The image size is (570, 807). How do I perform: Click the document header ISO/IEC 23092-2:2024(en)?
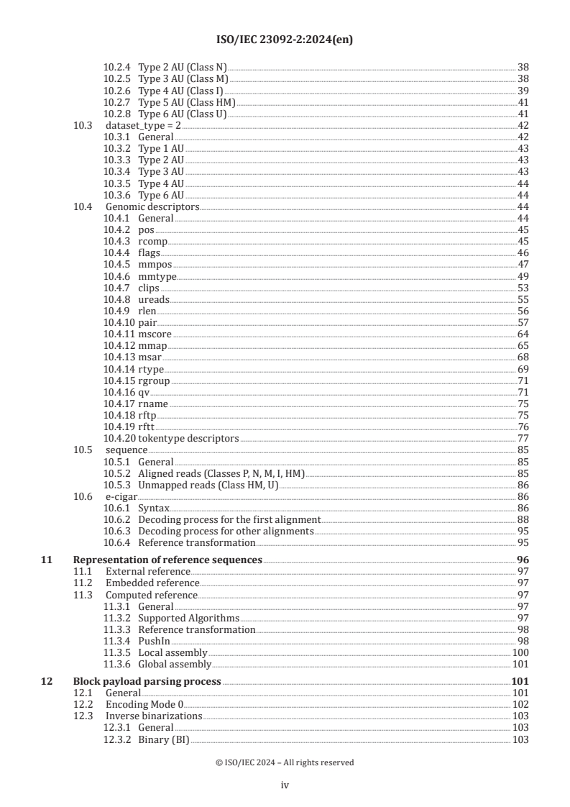tap(285, 40)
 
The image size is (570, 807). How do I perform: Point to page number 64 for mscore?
tap(523, 334)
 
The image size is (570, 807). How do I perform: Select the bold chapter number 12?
tap(46, 681)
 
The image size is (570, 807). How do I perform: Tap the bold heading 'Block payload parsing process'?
tap(147, 681)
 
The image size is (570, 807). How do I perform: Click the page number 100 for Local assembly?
tap(520, 652)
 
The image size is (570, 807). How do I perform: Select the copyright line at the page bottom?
tap(285, 762)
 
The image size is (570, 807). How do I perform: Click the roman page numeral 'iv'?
tap(285, 785)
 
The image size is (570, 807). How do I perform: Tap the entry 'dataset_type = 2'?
tap(138, 125)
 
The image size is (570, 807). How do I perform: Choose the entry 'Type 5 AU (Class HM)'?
tap(187, 102)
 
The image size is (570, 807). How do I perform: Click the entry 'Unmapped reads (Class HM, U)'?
tap(208, 485)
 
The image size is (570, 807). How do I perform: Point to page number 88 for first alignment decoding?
tap(523, 519)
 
